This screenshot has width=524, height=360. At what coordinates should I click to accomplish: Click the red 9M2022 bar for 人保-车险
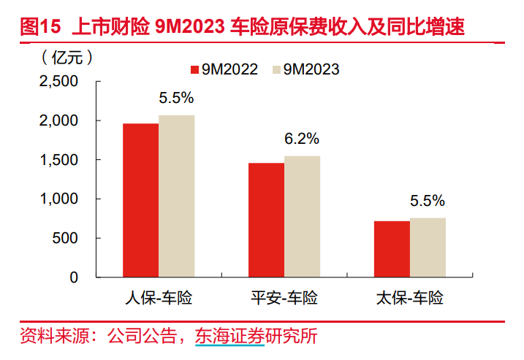coord(140,201)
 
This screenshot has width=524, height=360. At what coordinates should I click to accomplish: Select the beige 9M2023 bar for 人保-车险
coord(177,196)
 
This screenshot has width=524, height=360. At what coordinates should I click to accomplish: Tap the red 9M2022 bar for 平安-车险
coord(266,220)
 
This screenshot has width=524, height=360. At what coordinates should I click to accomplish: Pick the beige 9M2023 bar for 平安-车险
coord(303,217)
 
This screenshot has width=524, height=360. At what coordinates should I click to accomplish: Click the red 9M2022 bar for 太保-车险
coord(392,249)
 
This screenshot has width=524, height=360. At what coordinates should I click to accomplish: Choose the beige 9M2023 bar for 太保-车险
coord(428,248)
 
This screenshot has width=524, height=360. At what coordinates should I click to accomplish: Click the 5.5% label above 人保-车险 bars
coord(177,97)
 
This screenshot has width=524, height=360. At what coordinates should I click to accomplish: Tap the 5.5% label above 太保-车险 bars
coord(428,201)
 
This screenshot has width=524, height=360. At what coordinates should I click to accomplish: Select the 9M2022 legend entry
coord(224,69)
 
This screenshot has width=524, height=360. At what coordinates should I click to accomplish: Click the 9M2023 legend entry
coord(305,69)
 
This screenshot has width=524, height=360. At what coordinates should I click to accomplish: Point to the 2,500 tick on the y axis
coord(58,81)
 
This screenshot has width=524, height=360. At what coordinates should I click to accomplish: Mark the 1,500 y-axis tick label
coord(58,160)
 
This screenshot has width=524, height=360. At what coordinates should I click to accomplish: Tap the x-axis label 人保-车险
coord(159,298)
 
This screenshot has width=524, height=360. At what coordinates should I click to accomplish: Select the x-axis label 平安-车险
coord(284,298)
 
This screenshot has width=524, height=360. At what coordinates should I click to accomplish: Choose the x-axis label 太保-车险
coord(410,298)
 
